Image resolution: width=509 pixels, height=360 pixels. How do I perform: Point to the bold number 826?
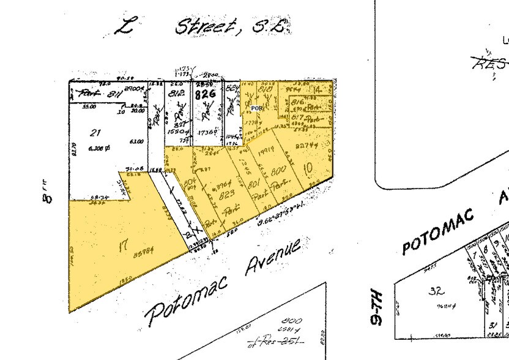[x=204, y=94]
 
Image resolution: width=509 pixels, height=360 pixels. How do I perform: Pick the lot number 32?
[x=436, y=291]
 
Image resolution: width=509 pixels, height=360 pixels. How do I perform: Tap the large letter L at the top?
[x=126, y=27]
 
